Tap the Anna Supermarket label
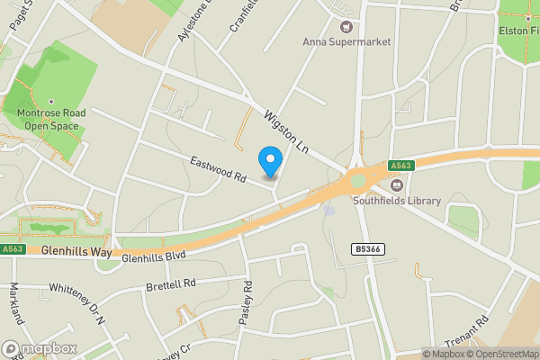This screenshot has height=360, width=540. pyautogui.click(x=346, y=40)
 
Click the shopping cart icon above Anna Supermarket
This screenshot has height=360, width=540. pyautogui.click(x=343, y=25)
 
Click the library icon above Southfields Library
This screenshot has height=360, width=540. pyautogui.click(x=396, y=185)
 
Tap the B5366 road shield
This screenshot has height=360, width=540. pyautogui.click(x=364, y=248)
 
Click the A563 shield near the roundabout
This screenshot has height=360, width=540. pyautogui.click(x=401, y=166)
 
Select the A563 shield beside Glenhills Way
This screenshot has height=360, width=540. pyautogui.click(x=13, y=249)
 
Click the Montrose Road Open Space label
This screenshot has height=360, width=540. pyautogui.click(x=50, y=120)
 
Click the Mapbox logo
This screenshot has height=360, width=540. pyautogui.click(x=40, y=348)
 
